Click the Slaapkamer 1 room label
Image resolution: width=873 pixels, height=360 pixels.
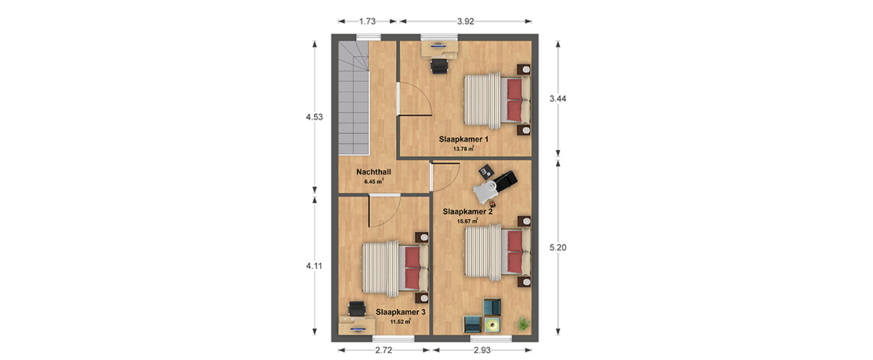coord(464,139)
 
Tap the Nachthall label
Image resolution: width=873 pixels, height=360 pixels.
coord(374,173)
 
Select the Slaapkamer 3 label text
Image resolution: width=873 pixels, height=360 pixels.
coord(401,313)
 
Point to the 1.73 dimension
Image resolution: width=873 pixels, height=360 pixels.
coord(367,21)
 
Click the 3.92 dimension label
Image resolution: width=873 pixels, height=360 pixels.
coord(466,21)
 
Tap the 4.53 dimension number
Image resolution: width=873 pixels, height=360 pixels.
coord(314,118)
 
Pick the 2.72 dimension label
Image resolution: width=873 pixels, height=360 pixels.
coord(384,350)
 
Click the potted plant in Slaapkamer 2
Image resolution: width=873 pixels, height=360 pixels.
coord(523,322)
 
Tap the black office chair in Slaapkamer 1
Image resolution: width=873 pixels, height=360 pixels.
coord(440,66)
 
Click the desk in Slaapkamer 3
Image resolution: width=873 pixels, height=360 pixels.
coord(357,325)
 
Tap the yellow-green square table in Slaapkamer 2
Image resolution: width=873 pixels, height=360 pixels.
coord(492,324)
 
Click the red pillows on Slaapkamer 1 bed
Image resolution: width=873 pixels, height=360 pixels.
coord(515,100)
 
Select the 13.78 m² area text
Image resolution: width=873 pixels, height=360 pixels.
coord(463,149)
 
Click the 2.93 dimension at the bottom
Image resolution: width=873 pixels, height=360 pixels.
coord(482,350)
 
